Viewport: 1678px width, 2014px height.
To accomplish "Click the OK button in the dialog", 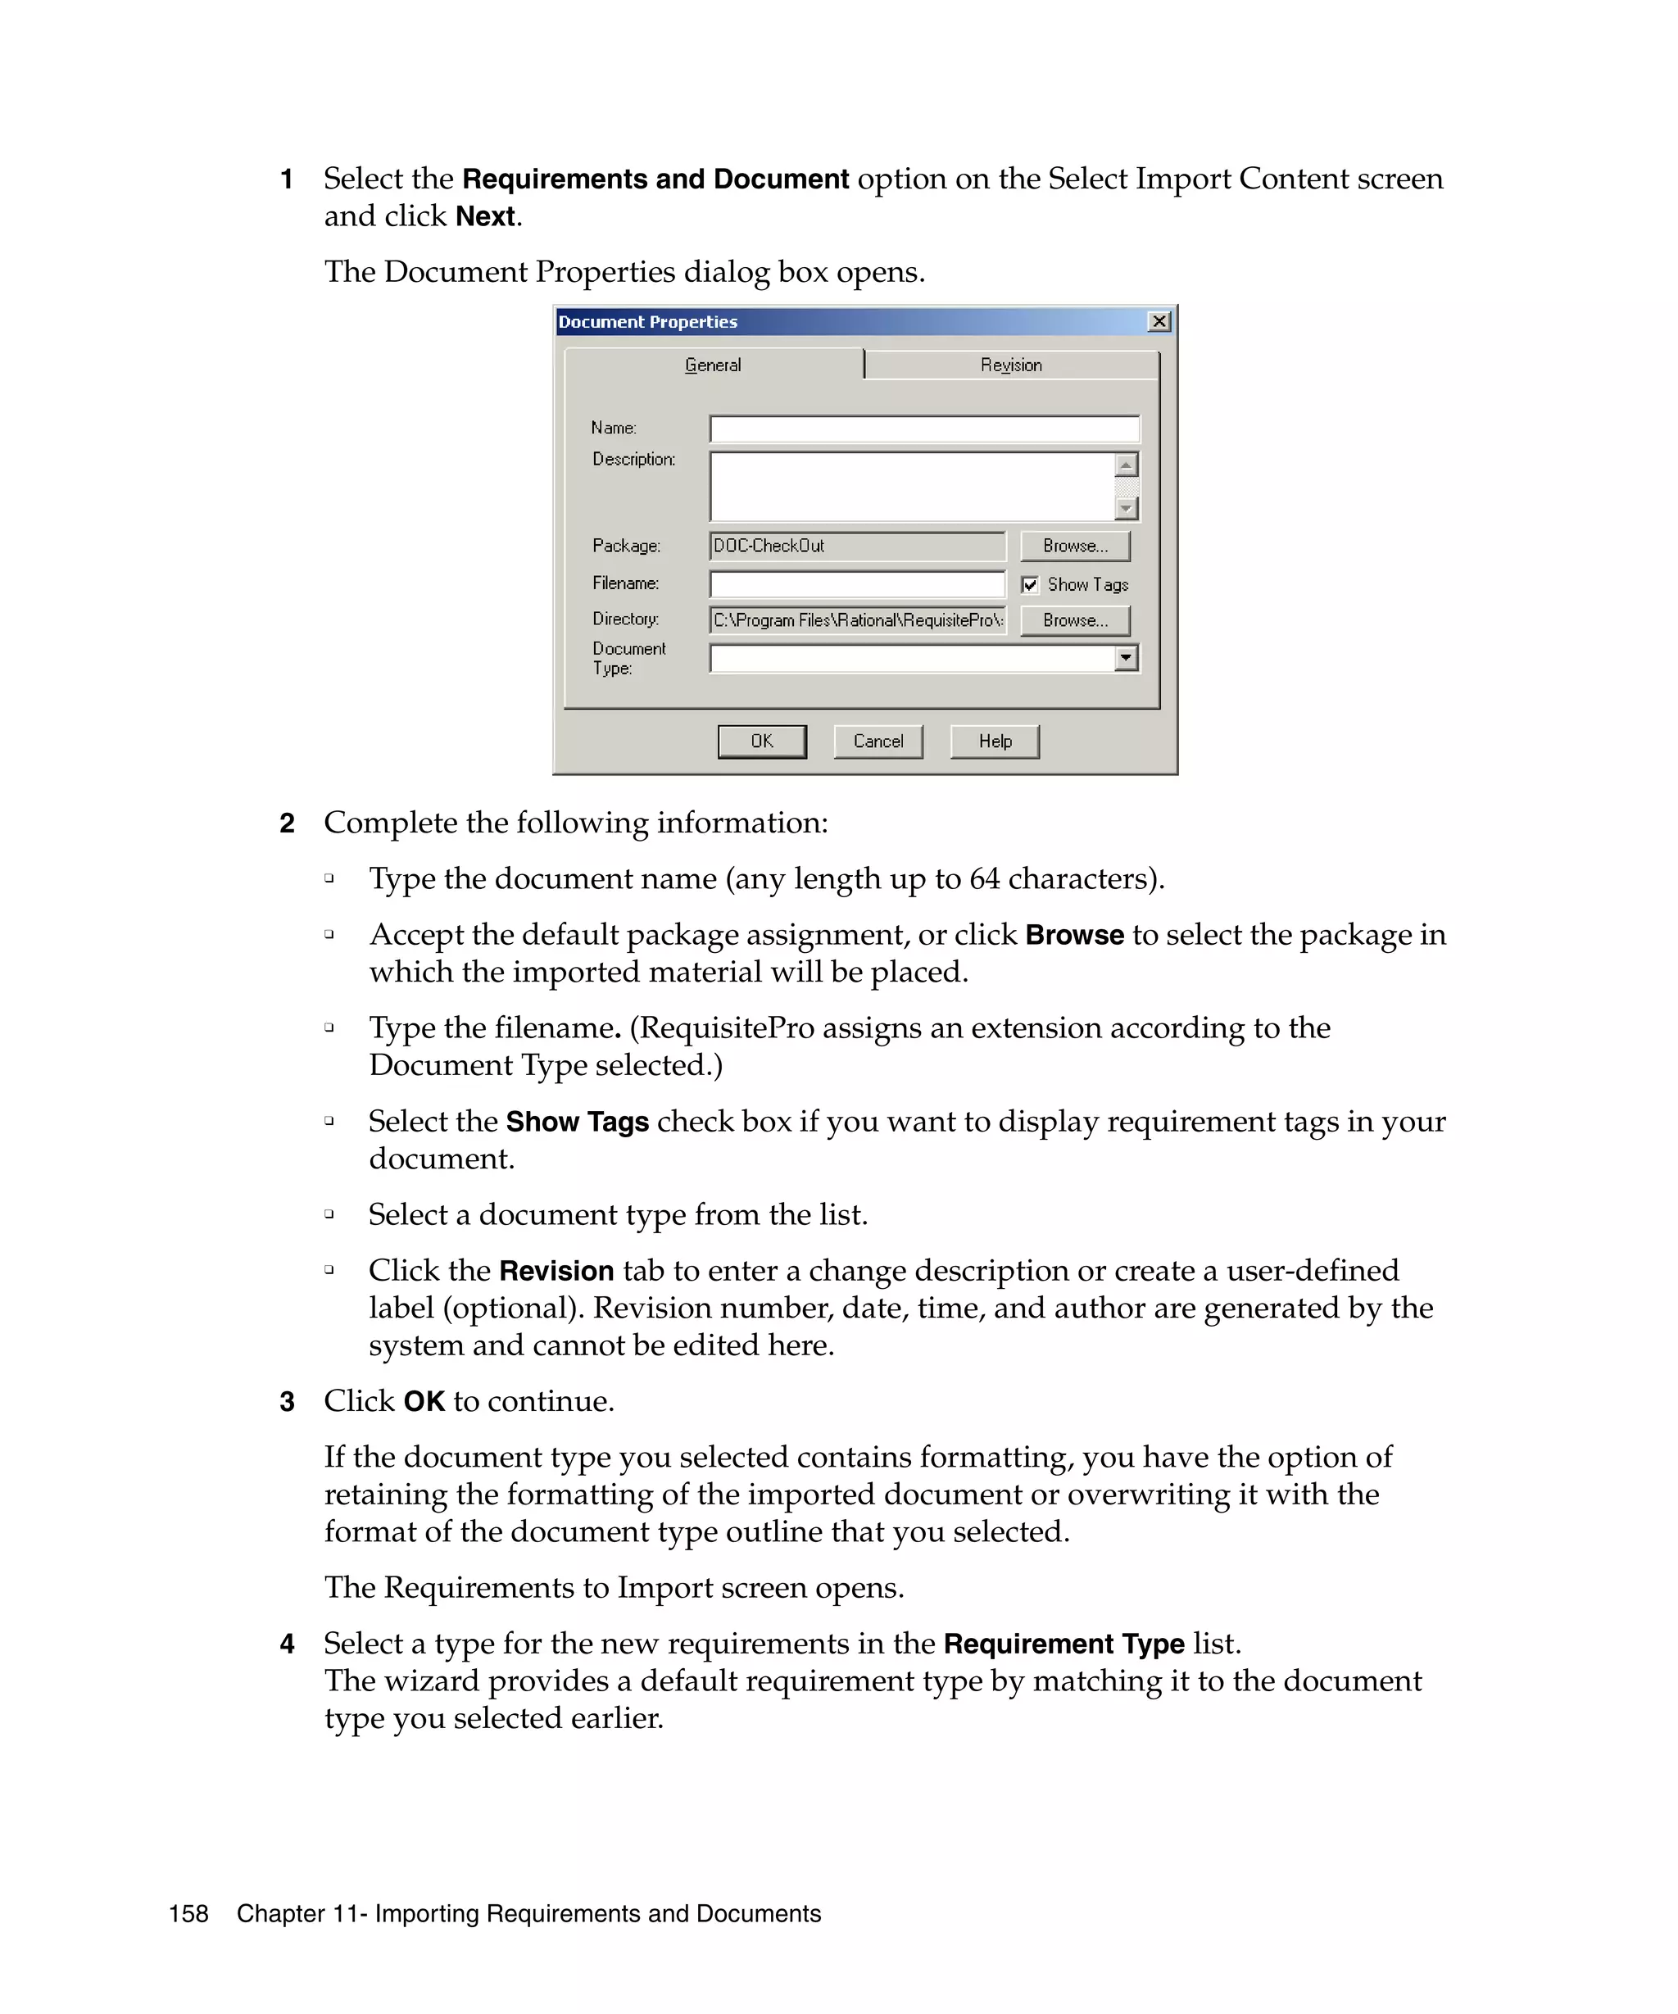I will (x=761, y=742).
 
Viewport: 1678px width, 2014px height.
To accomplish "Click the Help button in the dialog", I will (x=995, y=742).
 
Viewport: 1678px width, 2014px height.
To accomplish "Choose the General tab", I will (x=713, y=365).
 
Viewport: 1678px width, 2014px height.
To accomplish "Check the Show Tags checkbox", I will (x=1030, y=585).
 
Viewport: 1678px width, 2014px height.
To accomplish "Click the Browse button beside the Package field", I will (x=1074, y=546).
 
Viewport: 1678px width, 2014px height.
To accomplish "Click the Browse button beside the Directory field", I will (x=1074, y=620).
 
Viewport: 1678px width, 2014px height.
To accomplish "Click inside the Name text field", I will (x=923, y=429).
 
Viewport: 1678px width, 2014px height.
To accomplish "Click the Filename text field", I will (x=856, y=584).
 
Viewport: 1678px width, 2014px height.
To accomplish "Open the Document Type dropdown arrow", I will (x=1126, y=658).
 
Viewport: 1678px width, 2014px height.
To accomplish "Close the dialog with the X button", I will (x=1159, y=321).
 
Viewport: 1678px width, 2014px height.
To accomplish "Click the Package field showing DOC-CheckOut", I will (x=856, y=546).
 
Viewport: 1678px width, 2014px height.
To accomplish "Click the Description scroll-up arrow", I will (x=1127, y=465).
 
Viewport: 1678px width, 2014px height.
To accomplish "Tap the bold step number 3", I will (x=287, y=1402).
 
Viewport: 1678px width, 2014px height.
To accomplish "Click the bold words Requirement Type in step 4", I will (x=1063, y=1644).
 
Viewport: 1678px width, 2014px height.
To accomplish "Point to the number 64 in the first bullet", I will (x=984, y=878).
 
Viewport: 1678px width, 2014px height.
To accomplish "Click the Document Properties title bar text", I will (x=647, y=322).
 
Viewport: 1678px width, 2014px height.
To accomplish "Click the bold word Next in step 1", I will (x=485, y=217).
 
